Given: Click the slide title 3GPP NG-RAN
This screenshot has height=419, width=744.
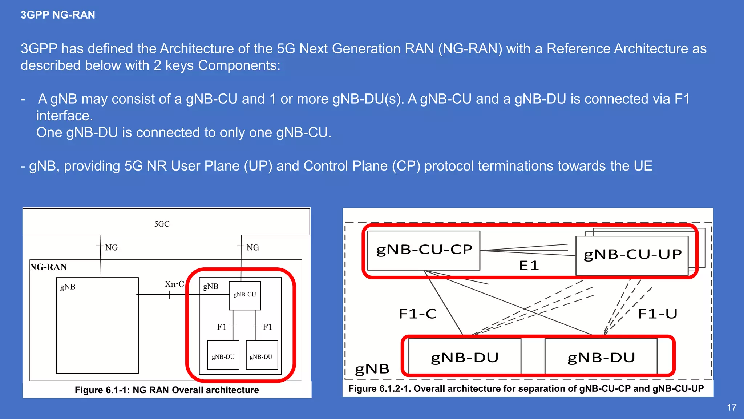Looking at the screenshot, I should pyautogui.click(x=58, y=15).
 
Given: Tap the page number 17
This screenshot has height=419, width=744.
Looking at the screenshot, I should pyautogui.click(x=732, y=407).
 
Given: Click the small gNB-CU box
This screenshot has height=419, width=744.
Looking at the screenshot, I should pyautogui.click(x=245, y=295).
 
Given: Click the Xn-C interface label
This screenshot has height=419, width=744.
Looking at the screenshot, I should pyautogui.click(x=174, y=284).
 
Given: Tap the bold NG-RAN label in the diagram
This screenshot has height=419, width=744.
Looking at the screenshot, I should pyautogui.click(x=48, y=267).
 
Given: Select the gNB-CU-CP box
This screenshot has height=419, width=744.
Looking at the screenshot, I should pyautogui.click(x=424, y=250).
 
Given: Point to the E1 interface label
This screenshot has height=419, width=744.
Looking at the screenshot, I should pyautogui.click(x=529, y=266).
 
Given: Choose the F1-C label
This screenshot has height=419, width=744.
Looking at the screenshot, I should pyautogui.click(x=417, y=314).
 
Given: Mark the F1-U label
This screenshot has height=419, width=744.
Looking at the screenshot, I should pyautogui.click(x=658, y=314).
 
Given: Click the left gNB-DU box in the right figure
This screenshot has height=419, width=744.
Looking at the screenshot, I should pyautogui.click(x=465, y=357).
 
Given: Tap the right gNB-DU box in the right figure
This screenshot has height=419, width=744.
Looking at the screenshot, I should pyautogui.click(x=601, y=357).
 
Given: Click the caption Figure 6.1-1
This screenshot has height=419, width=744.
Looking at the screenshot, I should pyautogui.click(x=167, y=390).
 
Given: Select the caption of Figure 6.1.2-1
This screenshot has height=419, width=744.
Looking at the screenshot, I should pyautogui.click(x=526, y=389).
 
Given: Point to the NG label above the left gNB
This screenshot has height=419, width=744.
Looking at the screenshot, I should pyautogui.click(x=112, y=248).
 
